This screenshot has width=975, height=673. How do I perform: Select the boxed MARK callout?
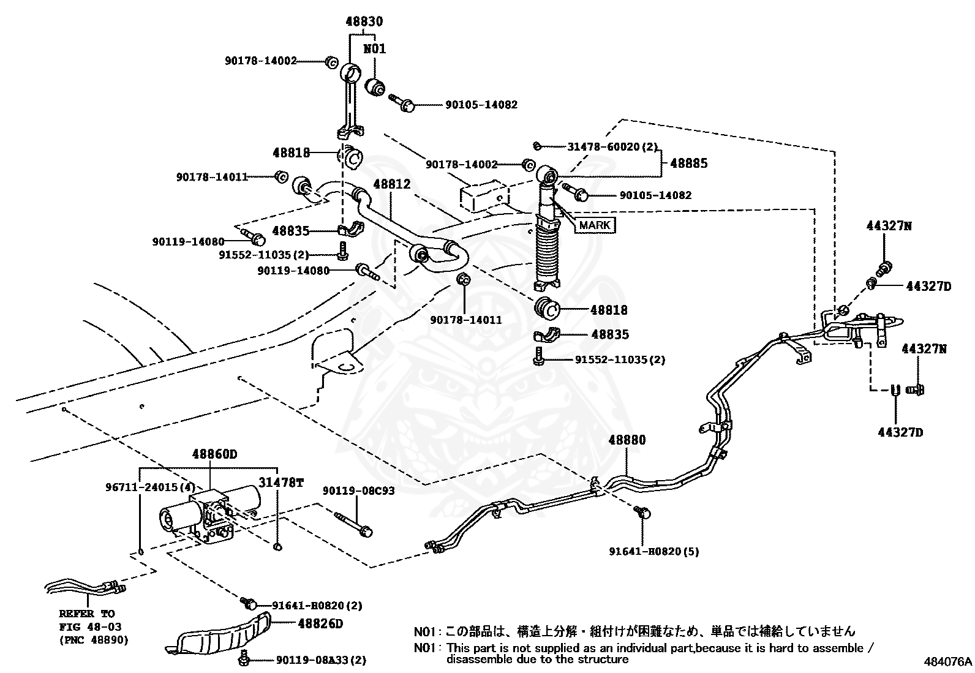(594, 225)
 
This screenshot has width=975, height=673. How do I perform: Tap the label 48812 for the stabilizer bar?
(391, 184)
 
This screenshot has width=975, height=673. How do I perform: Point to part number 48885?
(688, 163)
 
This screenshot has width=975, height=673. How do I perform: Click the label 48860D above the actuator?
(214, 454)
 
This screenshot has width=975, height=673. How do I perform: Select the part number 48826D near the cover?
(320, 623)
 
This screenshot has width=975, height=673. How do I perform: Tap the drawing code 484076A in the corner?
(947, 661)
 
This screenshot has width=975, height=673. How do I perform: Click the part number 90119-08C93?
(358, 491)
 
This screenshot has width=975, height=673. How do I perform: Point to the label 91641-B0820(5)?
(653, 551)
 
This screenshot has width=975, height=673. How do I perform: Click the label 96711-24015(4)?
(149, 487)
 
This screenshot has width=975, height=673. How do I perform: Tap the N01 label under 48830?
(375, 48)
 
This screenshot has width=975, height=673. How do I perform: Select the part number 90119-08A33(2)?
(321, 660)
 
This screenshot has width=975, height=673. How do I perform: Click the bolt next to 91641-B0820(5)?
(642, 513)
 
